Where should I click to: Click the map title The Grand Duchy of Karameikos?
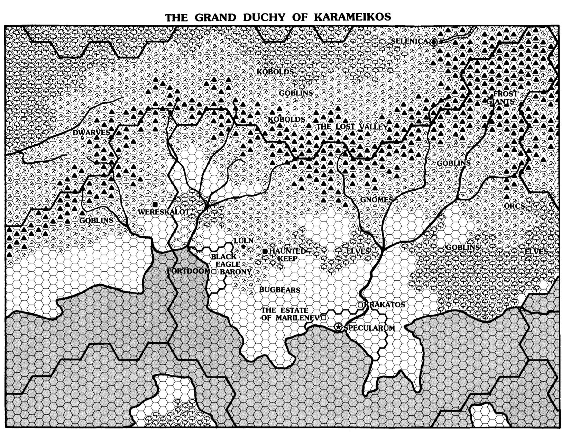pos(278,17)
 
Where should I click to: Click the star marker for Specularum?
pos(338,327)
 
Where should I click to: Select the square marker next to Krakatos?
pos(360,305)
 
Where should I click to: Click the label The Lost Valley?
pos(352,127)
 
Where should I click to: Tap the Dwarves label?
pos(91,133)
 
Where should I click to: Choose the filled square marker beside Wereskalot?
pos(155,204)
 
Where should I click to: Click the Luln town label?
pos(244,241)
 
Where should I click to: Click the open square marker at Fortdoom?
pos(214,271)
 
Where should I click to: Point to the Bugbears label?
pos(279,290)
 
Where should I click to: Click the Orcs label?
pos(514,206)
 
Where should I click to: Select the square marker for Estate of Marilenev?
pos(324,317)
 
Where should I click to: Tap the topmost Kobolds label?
pos(275,72)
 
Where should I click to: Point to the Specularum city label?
pos(369,328)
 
